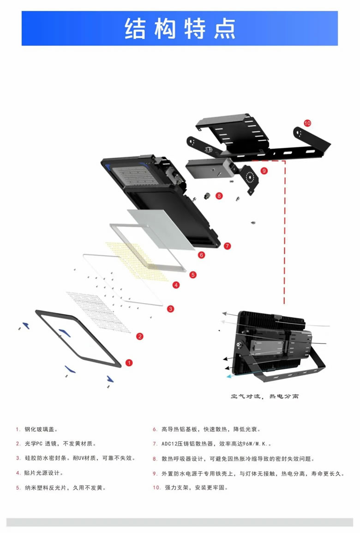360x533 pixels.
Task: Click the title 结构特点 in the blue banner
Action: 180,29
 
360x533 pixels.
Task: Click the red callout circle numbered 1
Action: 129,363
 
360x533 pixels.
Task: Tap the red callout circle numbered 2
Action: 140,336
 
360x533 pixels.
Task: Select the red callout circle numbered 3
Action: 171,309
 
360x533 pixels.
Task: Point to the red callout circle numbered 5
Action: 193,275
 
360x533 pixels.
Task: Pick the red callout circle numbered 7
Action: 227,246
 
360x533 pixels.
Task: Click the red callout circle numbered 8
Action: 219,196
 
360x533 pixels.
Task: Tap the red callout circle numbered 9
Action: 264,171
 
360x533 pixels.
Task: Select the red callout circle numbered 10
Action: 308,123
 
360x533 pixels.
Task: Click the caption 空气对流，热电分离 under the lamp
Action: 265,396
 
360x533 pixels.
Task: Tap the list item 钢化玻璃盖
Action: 41,429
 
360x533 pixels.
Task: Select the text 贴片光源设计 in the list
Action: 44,473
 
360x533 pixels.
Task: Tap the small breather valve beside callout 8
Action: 207,195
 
